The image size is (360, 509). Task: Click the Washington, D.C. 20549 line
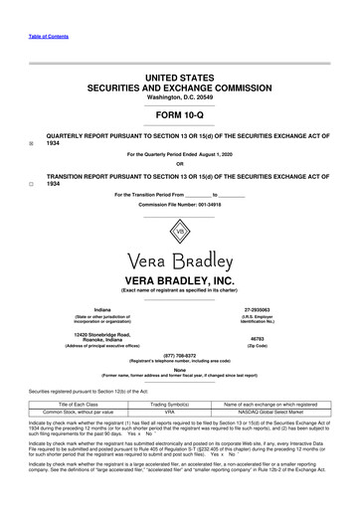(x=179, y=85)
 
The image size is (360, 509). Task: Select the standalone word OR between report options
(x=179, y=165)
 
